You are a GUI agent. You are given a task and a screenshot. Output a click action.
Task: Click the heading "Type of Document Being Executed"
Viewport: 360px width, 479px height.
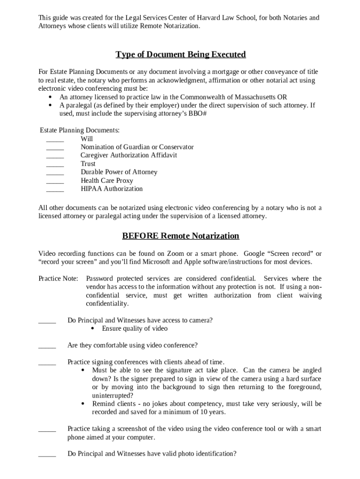tap(180, 55)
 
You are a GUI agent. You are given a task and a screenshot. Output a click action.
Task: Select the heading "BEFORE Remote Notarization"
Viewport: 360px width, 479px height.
tap(180, 236)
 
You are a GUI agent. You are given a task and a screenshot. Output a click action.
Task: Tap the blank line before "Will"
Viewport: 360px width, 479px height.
tap(55, 140)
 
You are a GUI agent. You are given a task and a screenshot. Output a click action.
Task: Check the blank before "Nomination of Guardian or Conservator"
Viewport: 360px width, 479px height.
tap(55, 148)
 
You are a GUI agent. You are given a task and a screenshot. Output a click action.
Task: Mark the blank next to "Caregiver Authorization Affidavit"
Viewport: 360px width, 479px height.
tap(55, 157)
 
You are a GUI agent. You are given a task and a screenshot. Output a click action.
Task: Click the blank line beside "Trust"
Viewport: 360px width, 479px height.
tap(55, 165)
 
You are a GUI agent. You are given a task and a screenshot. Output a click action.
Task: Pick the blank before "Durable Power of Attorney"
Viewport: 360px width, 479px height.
tap(55, 174)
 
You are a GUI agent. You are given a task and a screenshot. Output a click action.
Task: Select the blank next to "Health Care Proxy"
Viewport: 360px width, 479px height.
tap(55, 182)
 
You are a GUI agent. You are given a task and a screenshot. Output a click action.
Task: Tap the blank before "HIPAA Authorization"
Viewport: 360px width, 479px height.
tap(55, 190)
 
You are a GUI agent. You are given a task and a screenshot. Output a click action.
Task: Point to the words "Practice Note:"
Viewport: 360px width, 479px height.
tap(58, 279)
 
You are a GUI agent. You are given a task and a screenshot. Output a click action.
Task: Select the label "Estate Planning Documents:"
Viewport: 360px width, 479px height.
tap(79, 130)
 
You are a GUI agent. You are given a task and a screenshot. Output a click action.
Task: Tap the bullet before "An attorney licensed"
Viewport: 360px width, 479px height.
tap(50, 97)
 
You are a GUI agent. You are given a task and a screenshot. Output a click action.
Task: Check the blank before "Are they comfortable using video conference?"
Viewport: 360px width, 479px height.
tap(47, 347)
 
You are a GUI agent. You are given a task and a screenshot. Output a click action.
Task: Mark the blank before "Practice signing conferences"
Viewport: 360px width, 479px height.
tap(47, 363)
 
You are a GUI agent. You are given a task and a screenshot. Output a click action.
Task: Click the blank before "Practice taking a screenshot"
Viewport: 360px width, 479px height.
tap(47, 430)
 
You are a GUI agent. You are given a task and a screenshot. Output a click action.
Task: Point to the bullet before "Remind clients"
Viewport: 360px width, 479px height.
tap(83, 404)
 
